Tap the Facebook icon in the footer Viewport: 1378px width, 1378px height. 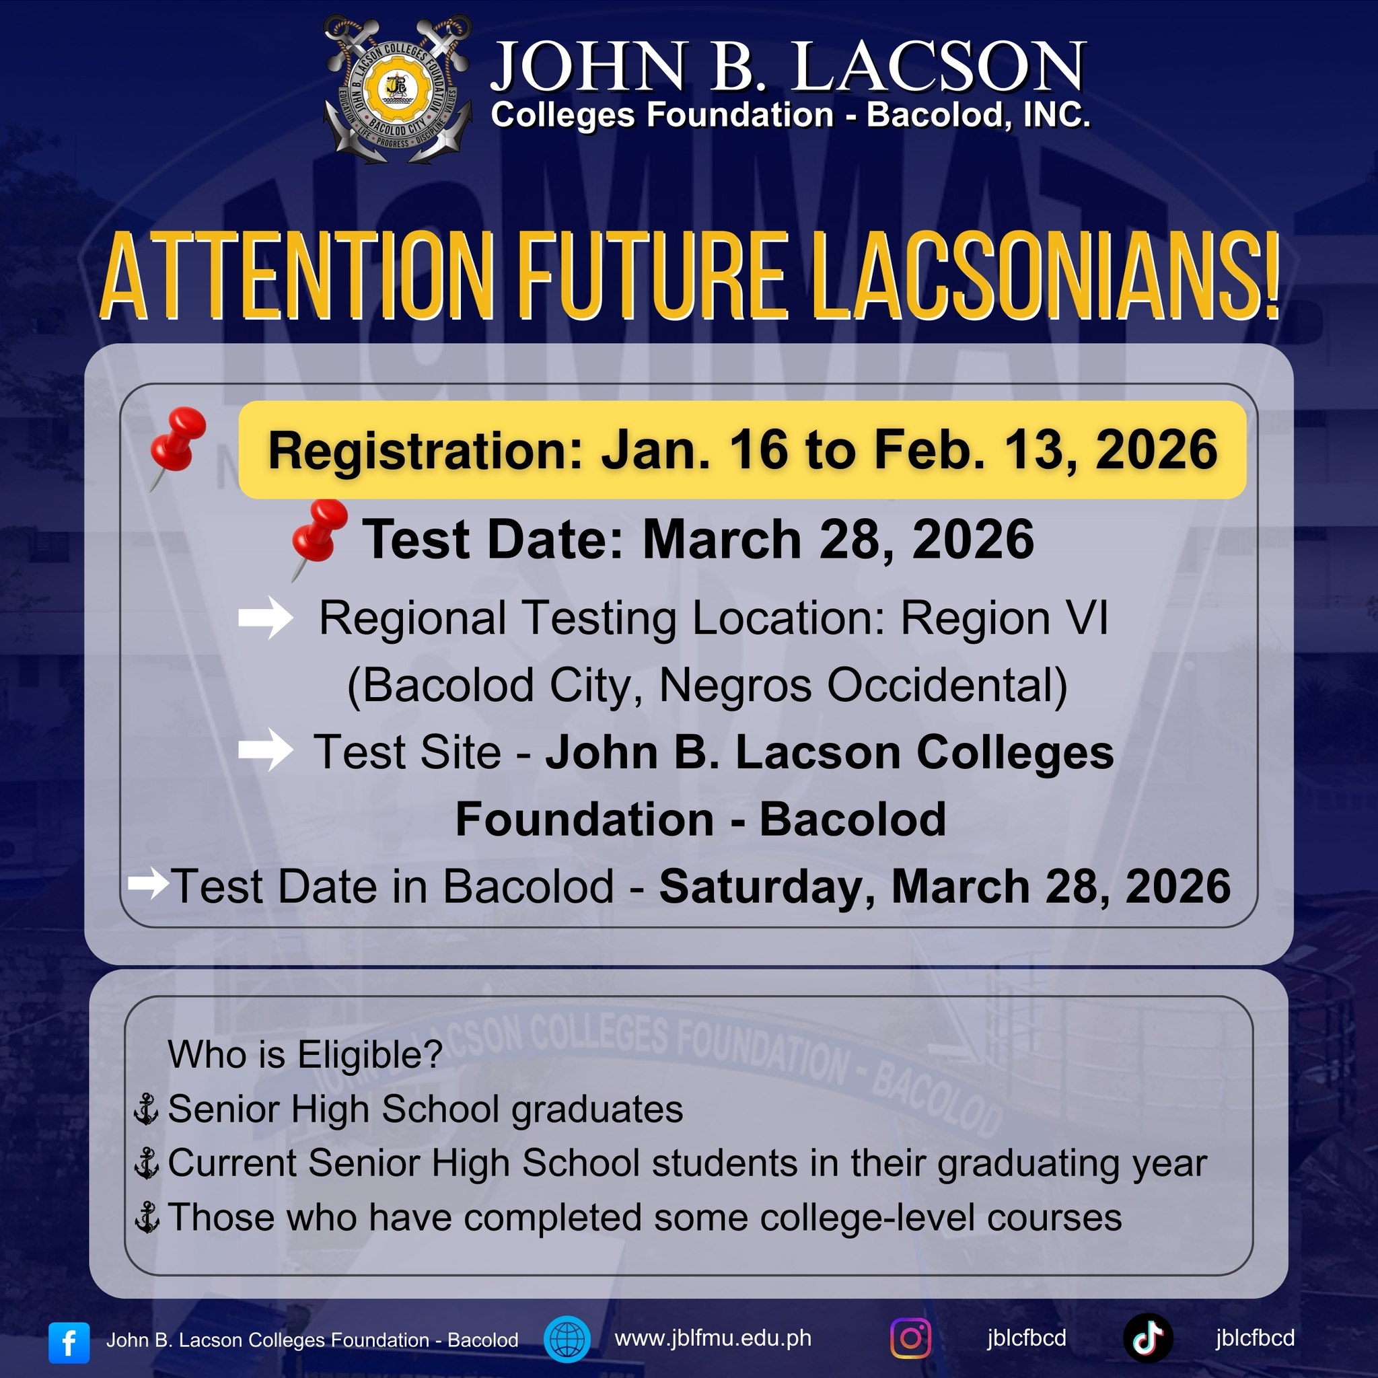click(x=69, y=1342)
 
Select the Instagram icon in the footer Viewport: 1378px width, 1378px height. click(x=911, y=1338)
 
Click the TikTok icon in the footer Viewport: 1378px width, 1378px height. click(x=1149, y=1339)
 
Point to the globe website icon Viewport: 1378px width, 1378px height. click(x=567, y=1339)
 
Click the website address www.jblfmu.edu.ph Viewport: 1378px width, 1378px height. click(x=713, y=1338)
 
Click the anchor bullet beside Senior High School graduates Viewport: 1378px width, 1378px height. click(x=147, y=1110)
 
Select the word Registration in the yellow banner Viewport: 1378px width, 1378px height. click(x=425, y=451)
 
